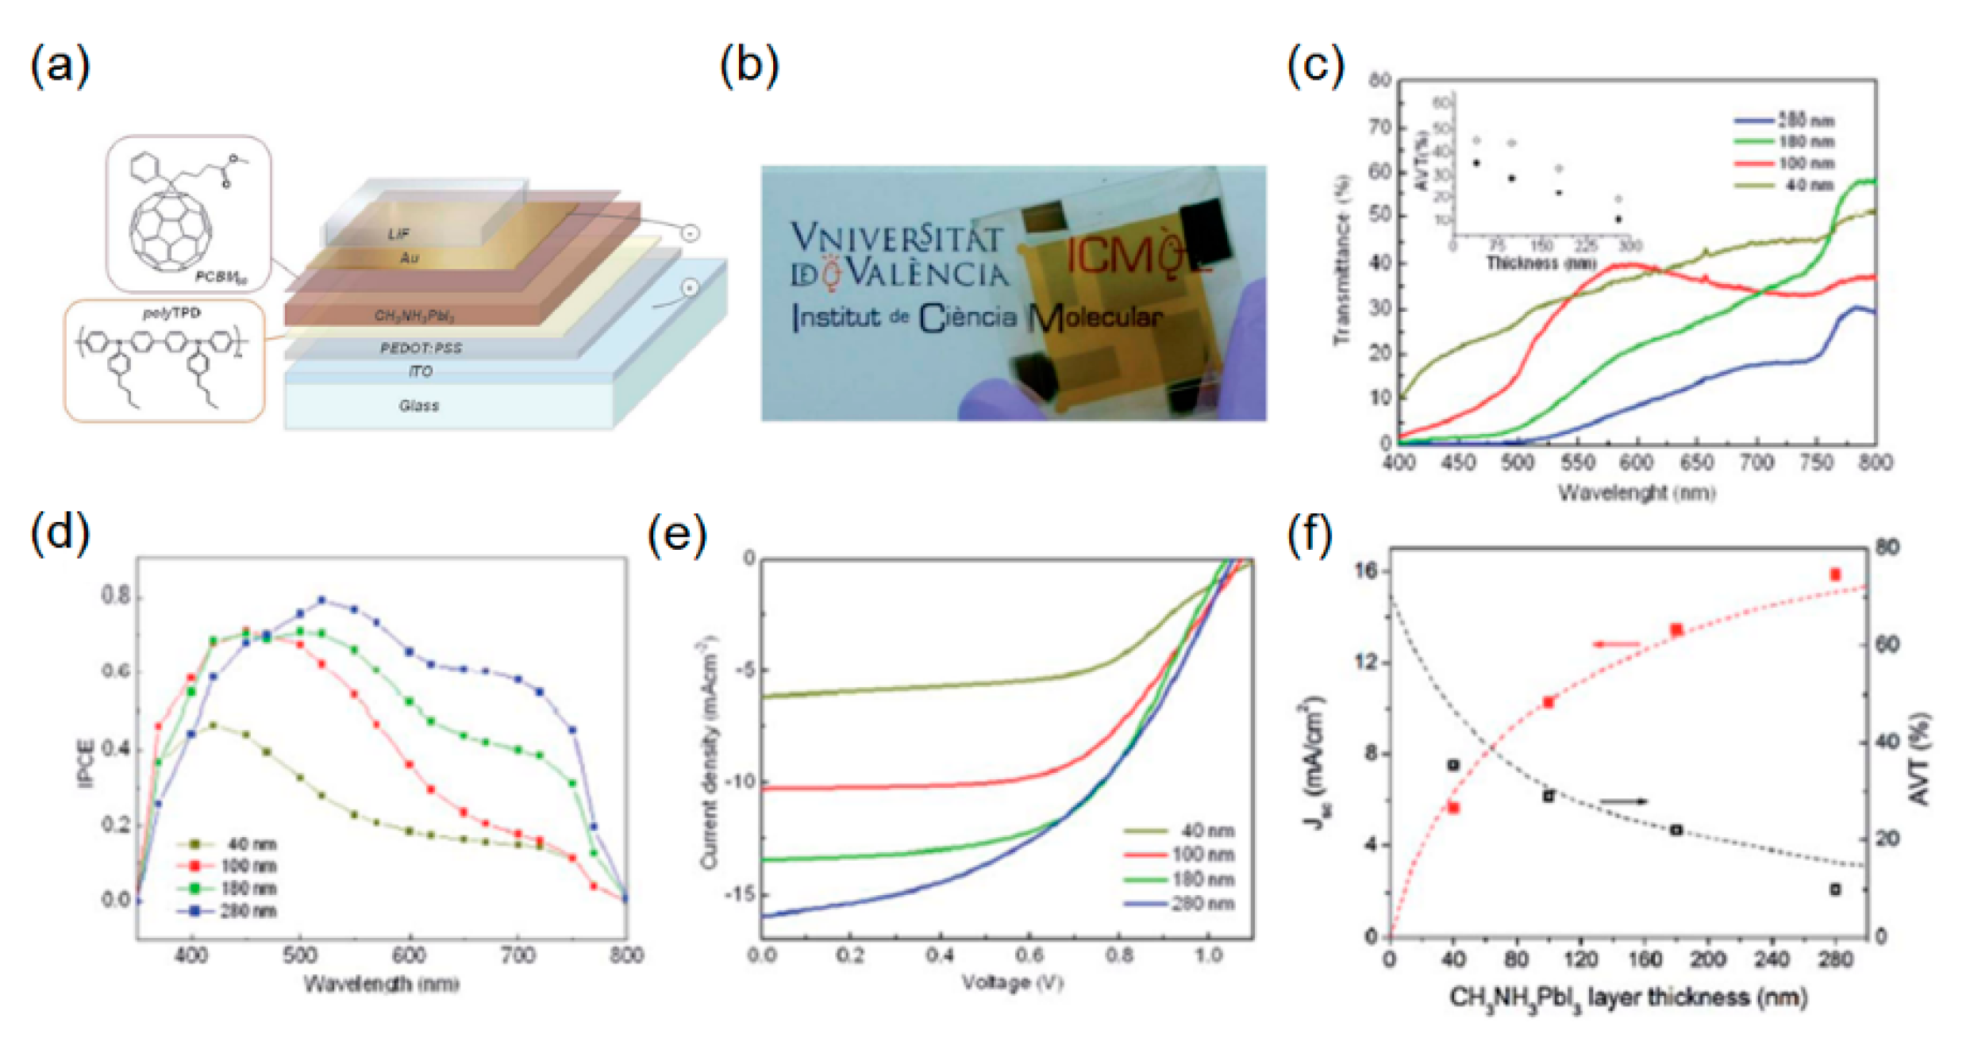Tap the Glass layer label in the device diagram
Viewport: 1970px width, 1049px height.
tap(418, 405)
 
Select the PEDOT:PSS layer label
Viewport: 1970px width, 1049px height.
tap(421, 348)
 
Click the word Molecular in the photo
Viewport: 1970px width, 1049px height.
tap(1096, 317)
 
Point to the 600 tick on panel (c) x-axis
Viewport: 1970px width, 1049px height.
tap(1636, 462)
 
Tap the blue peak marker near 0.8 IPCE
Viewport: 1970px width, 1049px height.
tap(322, 601)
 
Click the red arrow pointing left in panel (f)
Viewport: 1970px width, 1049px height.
tap(1616, 644)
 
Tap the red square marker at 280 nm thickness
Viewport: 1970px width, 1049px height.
tap(1835, 574)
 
